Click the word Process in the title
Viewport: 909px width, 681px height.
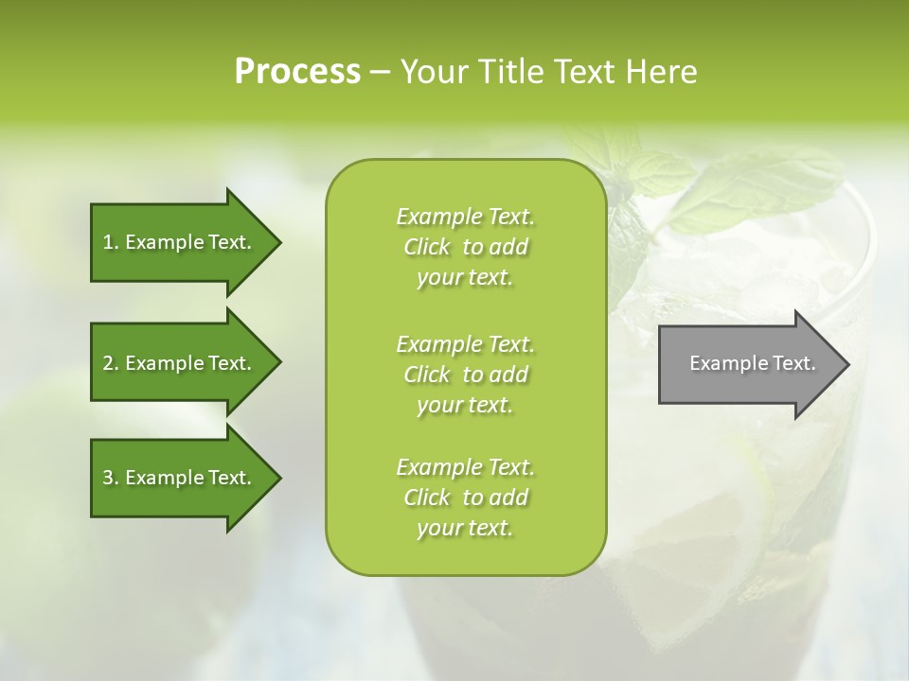click(297, 72)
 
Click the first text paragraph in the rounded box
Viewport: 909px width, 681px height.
click(465, 247)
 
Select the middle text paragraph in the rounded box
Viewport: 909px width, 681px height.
click(465, 375)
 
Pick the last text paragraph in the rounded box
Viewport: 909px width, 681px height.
click(465, 498)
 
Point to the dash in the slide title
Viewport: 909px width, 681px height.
click(381, 73)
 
